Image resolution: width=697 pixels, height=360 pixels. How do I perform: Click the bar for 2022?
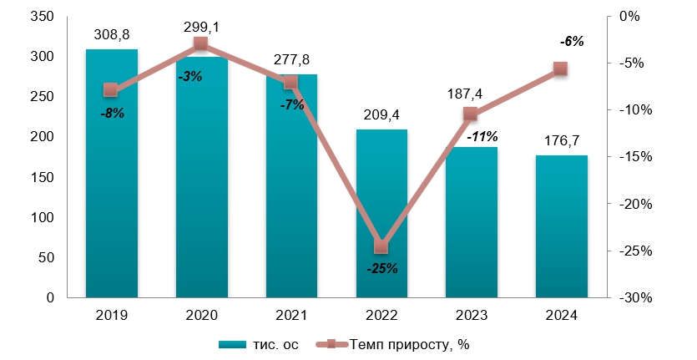point(381,213)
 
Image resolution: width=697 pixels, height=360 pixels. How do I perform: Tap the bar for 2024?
point(562,226)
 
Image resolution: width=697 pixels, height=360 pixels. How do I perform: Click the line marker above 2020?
point(200,43)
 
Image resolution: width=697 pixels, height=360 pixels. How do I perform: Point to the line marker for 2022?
point(381,246)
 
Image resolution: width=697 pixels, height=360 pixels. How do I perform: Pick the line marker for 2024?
point(561,69)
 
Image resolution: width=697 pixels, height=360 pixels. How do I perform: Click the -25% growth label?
point(381,268)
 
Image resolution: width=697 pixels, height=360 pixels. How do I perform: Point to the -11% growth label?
point(482,135)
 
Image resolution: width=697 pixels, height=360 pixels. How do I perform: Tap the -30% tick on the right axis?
point(627,298)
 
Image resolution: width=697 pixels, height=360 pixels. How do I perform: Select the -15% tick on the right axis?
point(627,157)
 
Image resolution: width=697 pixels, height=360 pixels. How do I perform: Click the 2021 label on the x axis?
point(290,315)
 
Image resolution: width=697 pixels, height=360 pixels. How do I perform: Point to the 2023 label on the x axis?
point(472,315)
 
